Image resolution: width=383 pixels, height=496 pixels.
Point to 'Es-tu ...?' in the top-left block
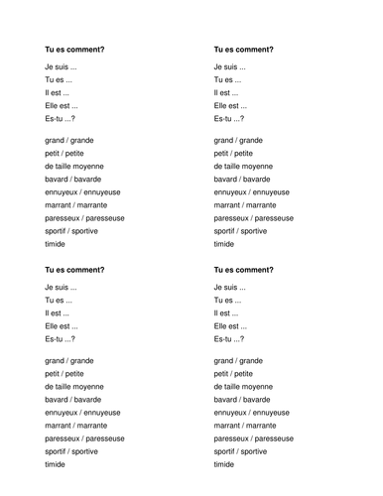[x=64, y=118]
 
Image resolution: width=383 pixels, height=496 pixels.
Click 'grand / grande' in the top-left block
[x=70, y=141]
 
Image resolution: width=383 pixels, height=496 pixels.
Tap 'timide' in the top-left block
[x=57, y=244]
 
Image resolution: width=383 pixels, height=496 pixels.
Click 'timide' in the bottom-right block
[x=224, y=464]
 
